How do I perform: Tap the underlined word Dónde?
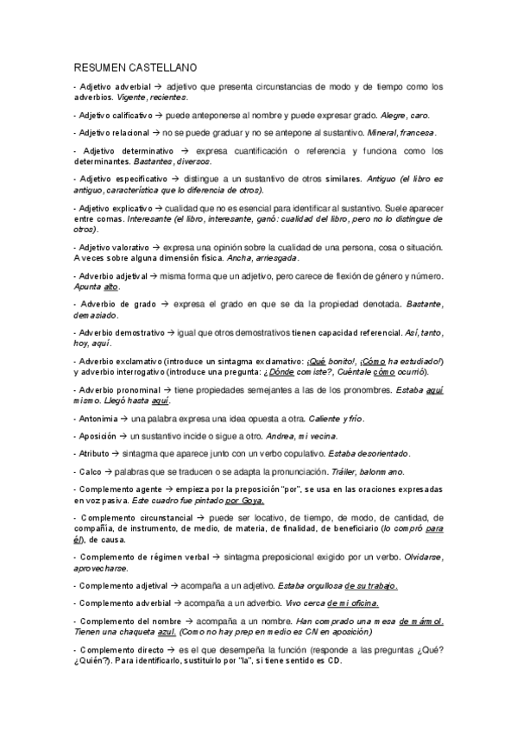[320, 372]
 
